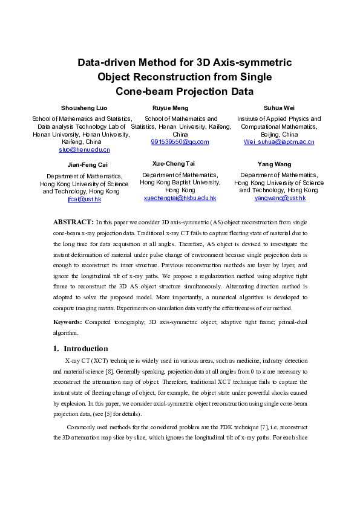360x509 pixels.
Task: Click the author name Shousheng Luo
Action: click(x=84, y=108)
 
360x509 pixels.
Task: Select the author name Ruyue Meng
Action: click(x=172, y=108)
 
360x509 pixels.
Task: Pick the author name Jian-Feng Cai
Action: click(x=84, y=164)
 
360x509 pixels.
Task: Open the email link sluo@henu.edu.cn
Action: click(x=84, y=149)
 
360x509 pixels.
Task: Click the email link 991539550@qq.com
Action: click(x=180, y=142)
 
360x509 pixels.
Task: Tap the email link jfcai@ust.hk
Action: click(x=84, y=199)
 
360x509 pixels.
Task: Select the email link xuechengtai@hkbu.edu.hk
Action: click(x=180, y=198)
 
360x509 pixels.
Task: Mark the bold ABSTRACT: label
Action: click(x=73, y=222)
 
